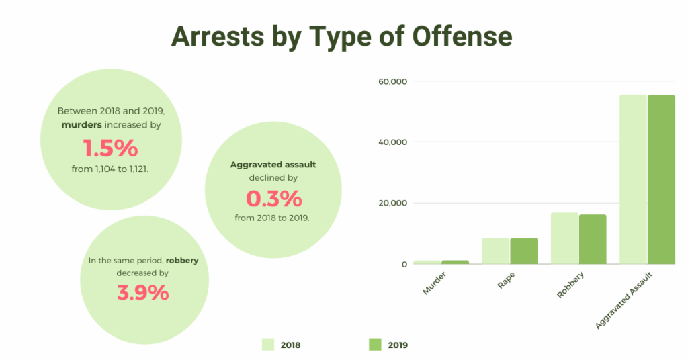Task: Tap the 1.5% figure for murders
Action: tap(110, 148)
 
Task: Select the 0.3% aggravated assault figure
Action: tap(273, 199)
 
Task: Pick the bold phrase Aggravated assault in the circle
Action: tap(273, 164)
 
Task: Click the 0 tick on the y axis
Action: tap(404, 265)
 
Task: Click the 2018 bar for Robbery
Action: tap(564, 238)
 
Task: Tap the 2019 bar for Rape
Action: tap(524, 251)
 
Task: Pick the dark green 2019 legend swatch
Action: tap(375, 345)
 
